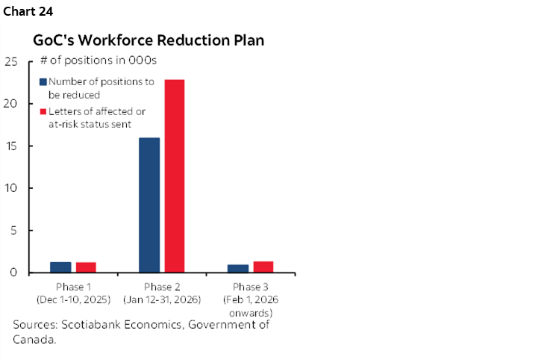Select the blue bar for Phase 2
pyautogui.click(x=149, y=205)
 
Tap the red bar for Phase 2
pyautogui.click(x=175, y=176)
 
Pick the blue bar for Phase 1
pyautogui.click(x=60, y=267)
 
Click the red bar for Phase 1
pyautogui.click(x=86, y=267)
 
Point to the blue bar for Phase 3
pyautogui.click(x=238, y=268)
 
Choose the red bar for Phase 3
pyautogui.click(x=263, y=267)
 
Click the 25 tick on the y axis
pyautogui.click(x=11, y=61)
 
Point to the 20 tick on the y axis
pyautogui.click(x=11, y=104)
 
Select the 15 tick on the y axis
pyautogui.click(x=11, y=146)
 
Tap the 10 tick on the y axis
pyautogui.click(x=11, y=188)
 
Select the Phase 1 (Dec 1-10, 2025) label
pyautogui.click(x=73, y=294)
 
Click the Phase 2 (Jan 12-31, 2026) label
pyautogui.click(x=162, y=294)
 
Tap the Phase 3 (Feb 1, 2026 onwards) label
pyautogui.click(x=251, y=300)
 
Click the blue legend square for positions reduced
pyautogui.click(x=43, y=82)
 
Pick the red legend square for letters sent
pyautogui.click(x=43, y=111)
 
